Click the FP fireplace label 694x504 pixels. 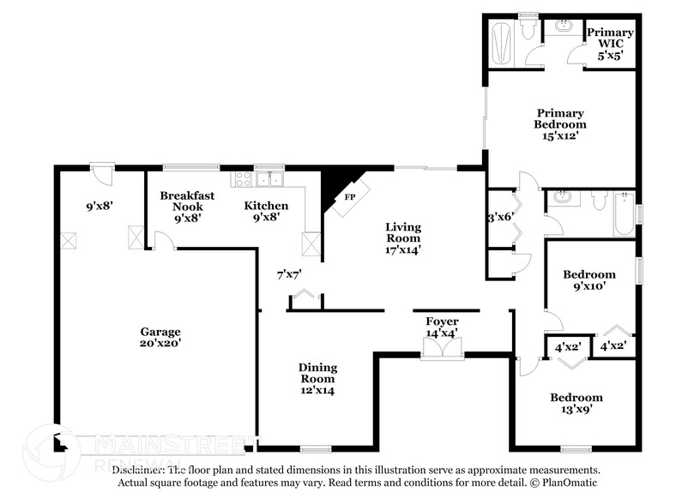coord(349,196)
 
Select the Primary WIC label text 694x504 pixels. coord(610,38)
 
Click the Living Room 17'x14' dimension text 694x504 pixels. coord(402,250)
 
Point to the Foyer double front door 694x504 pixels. coord(443,348)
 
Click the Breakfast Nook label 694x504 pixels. coord(187,201)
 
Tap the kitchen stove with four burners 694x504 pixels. coord(243,179)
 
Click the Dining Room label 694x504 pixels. coord(317,373)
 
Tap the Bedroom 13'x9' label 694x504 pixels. coord(576,403)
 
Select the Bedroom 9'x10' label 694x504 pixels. coord(588,280)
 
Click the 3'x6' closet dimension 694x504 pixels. coord(500,218)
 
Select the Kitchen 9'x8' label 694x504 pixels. coord(266,212)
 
